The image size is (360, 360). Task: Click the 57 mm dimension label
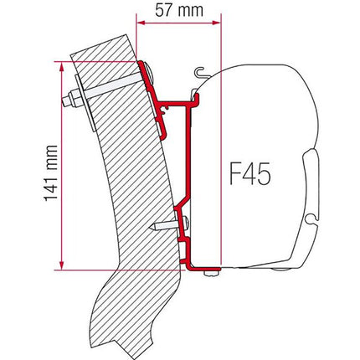click(x=177, y=12)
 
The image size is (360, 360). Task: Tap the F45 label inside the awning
click(x=255, y=177)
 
